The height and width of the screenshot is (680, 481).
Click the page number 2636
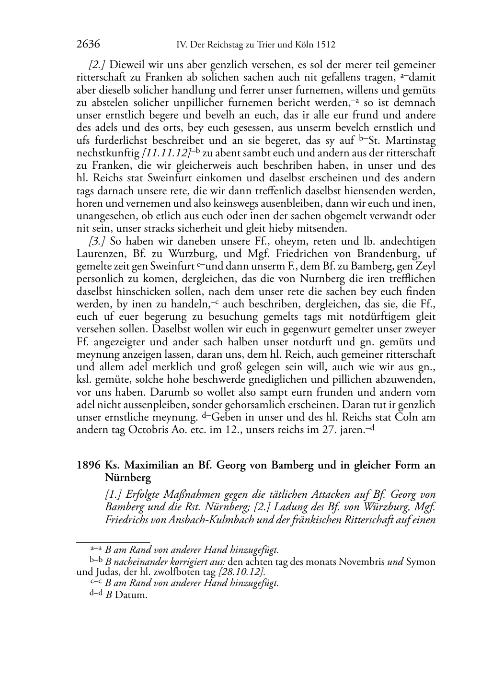pos(88,45)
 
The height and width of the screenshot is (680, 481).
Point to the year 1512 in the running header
pos(325,45)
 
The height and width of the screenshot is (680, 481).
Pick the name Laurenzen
pos(100,254)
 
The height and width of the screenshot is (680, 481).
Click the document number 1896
pos(88,465)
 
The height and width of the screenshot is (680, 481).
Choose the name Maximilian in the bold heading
pos(147,465)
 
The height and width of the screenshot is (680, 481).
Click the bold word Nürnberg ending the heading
pos(128,478)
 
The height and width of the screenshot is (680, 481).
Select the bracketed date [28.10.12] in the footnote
pos(241,572)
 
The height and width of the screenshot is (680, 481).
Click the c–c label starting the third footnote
pos(96,583)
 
